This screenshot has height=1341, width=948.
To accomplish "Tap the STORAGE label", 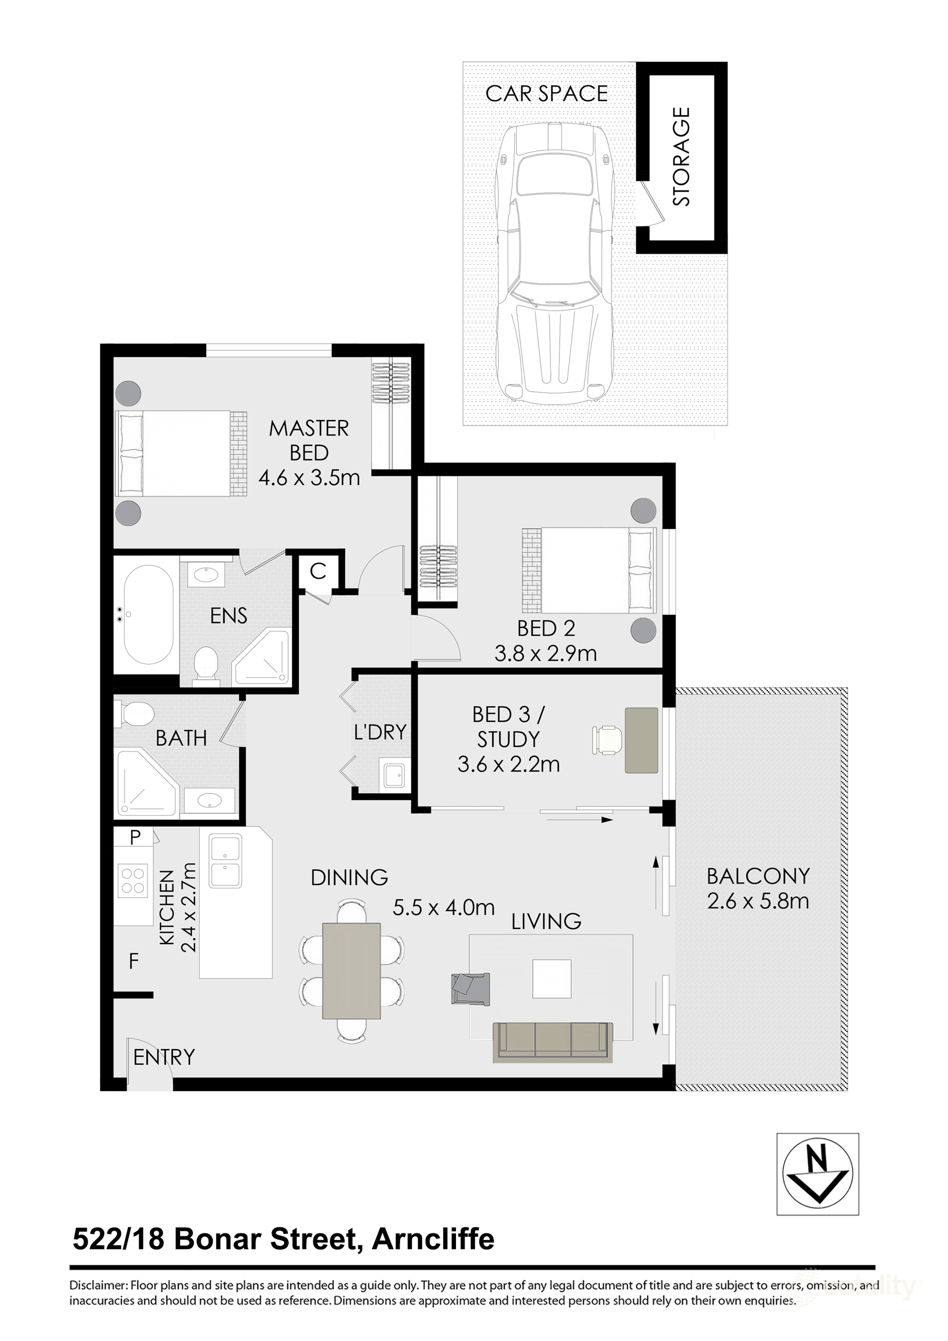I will tap(682, 156).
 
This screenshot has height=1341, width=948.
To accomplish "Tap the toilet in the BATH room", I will tap(136, 713).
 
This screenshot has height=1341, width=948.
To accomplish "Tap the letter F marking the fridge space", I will tap(134, 961).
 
